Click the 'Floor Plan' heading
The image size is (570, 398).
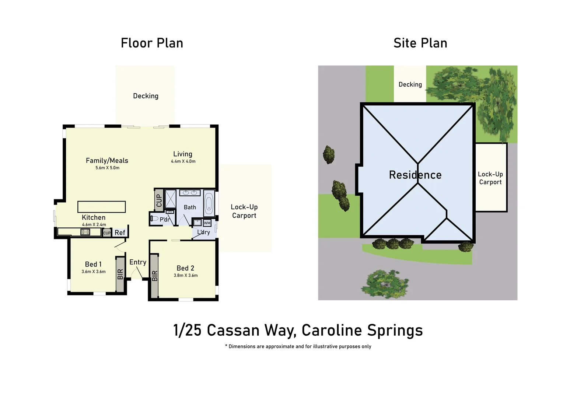[152, 43]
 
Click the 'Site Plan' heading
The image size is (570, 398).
[420, 43]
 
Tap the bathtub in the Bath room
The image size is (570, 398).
[209, 203]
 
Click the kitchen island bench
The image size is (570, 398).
[101, 207]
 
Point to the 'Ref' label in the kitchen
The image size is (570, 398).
[120, 233]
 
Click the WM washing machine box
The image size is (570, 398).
[207, 223]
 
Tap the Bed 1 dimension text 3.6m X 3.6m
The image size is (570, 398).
[94, 272]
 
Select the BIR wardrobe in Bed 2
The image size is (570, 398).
[154, 275]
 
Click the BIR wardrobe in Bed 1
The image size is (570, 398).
[120, 274]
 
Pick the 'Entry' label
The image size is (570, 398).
[138, 262]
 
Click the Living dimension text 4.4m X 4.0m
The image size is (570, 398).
[183, 161]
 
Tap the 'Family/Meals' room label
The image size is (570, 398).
[107, 160]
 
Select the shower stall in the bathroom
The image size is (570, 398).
[170, 199]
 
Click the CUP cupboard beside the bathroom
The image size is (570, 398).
[159, 200]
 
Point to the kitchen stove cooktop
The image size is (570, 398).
[85, 232]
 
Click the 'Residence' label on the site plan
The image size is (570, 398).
[415, 175]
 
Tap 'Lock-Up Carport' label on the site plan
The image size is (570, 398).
[490, 178]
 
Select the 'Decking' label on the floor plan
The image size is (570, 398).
[146, 96]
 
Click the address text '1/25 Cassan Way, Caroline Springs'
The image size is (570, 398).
[298, 330]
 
